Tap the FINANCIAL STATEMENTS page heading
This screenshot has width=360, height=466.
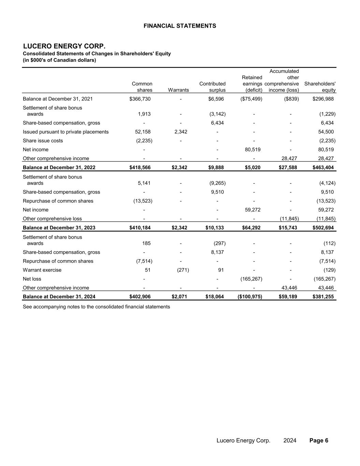pos(180,26)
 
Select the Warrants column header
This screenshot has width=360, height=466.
pos(178,90)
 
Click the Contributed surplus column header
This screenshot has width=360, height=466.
pos(212,87)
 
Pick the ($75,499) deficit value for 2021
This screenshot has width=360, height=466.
pos(251,99)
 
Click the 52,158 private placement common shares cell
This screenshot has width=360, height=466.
pos(143,132)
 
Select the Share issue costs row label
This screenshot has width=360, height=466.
pos(43,141)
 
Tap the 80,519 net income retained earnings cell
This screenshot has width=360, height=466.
pos(253,150)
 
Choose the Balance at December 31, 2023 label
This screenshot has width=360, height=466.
pos(59,228)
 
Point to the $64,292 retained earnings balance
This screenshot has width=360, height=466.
pos(251,228)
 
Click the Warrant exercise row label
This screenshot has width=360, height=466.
pos(42,270)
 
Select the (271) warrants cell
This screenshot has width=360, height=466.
pos(183,270)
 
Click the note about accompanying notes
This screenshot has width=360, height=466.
pos(96,307)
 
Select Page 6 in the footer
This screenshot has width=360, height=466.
pos(319,440)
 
